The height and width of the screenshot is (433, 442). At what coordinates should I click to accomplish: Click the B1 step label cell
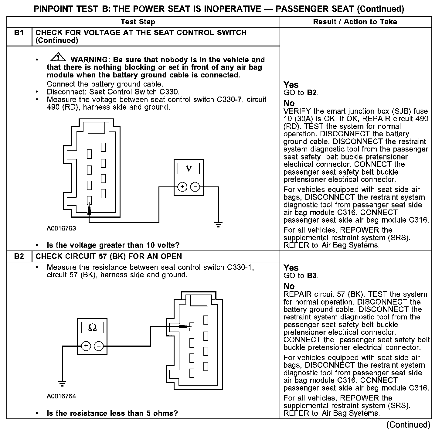pyautogui.click(x=19, y=33)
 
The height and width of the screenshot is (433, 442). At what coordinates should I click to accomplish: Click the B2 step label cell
pyautogui.click(x=19, y=256)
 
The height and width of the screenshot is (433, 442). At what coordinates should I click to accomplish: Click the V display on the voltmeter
pyautogui.click(x=189, y=168)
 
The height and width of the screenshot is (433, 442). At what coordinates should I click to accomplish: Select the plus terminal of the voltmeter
pyautogui.click(x=182, y=187)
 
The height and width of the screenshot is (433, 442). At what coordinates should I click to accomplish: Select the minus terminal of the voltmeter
pyautogui.click(x=195, y=187)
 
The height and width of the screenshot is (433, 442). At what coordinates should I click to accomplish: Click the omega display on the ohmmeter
pyautogui.click(x=92, y=327)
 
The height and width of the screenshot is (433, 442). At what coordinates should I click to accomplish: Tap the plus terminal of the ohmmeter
pyautogui.click(x=86, y=346)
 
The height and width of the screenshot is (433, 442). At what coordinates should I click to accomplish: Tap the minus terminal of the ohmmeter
pyautogui.click(x=99, y=346)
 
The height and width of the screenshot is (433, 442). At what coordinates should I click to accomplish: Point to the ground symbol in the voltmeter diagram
pyautogui.click(x=218, y=225)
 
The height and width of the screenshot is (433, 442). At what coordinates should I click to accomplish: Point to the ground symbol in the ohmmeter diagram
pyautogui.click(x=62, y=383)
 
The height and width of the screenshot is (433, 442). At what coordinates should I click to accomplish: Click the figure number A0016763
pyautogui.click(x=61, y=228)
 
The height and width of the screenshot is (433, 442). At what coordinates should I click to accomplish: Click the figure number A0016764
pyautogui.click(x=61, y=396)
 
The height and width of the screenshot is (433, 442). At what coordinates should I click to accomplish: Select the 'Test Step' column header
pyautogui.click(x=138, y=22)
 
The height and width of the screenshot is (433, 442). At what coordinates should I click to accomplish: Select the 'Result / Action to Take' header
pyautogui.click(x=355, y=22)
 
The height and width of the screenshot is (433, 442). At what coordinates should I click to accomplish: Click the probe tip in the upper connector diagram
pyautogui.click(x=89, y=210)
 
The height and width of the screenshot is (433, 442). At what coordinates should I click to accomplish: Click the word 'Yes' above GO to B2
pyautogui.click(x=291, y=85)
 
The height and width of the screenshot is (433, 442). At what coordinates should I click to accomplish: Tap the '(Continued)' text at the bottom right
pyautogui.click(x=409, y=424)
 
